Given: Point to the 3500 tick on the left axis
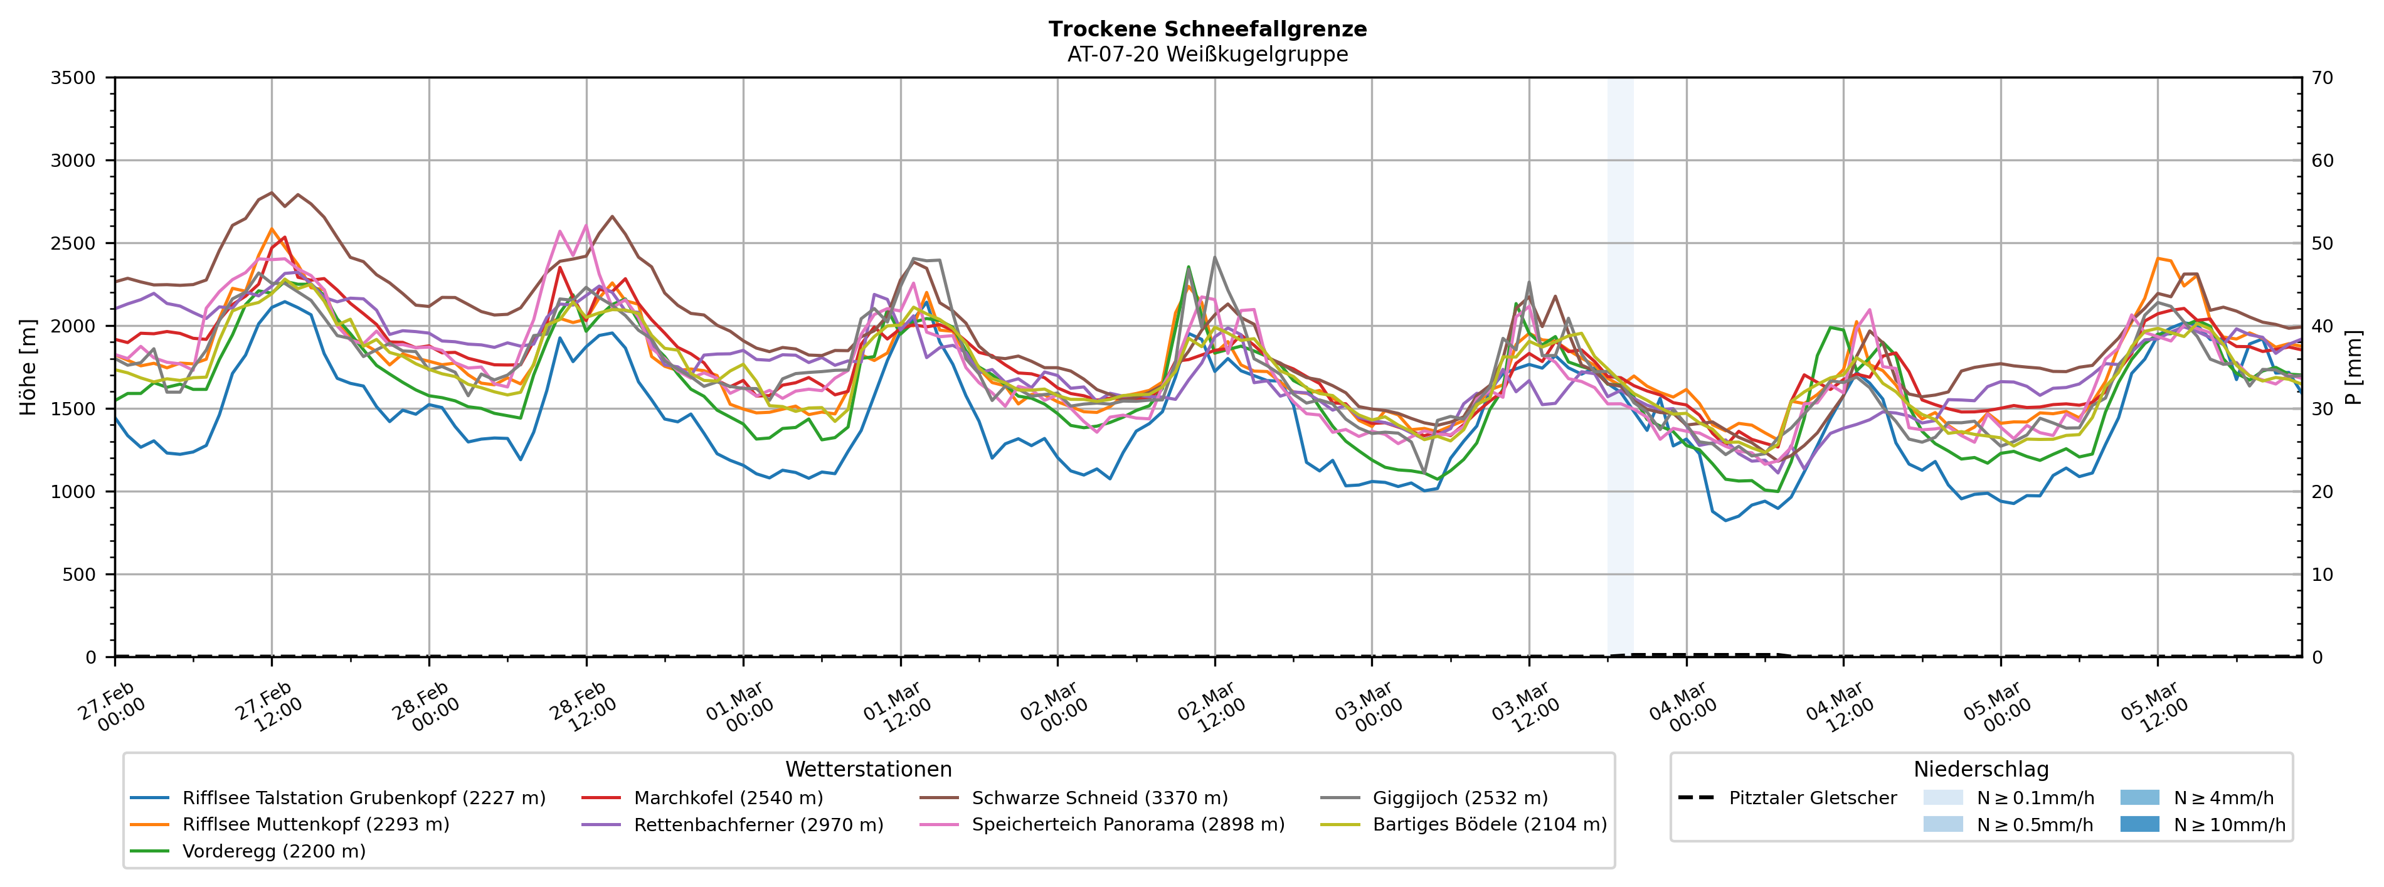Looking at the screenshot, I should pyautogui.click(x=73, y=78).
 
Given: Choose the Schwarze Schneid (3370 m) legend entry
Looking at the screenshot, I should pyautogui.click(x=1099, y=798).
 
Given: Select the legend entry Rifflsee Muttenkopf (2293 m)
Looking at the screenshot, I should pyautogui.click(x=315, y=824).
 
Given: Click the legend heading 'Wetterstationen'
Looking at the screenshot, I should pyautogui.click(x=868, y=770).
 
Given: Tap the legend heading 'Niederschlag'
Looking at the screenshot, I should pyautogui.click(x=1981, y=770).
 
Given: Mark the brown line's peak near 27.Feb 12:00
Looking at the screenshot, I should pyautogui.click(x=271, y=193).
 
